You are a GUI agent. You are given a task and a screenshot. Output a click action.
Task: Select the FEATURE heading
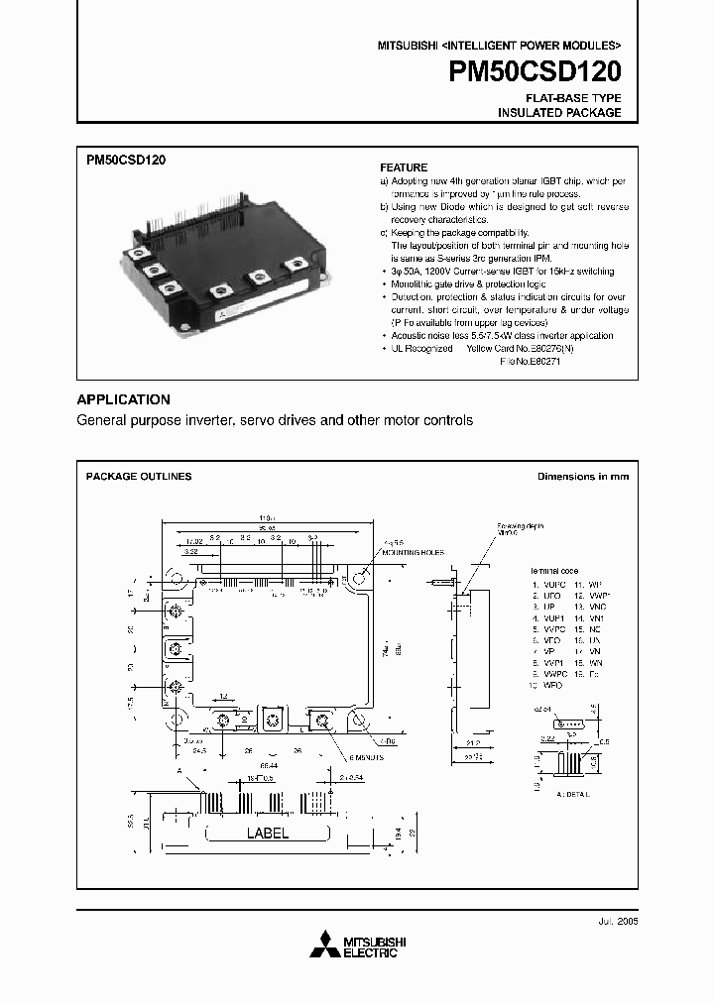point(404,167)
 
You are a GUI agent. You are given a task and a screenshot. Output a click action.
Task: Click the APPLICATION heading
point(124,399)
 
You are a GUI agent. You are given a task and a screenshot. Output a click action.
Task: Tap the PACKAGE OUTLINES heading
point(139,477)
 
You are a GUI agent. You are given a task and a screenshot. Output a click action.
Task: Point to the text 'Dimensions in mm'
point(583,477)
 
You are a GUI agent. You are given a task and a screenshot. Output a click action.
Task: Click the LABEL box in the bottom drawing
point(267,834)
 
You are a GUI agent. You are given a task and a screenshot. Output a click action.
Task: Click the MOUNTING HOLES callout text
point(409,552)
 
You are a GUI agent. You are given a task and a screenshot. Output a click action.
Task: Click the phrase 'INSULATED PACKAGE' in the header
point(559,113)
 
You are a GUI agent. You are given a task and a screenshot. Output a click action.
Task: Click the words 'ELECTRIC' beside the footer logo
point(372,953)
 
